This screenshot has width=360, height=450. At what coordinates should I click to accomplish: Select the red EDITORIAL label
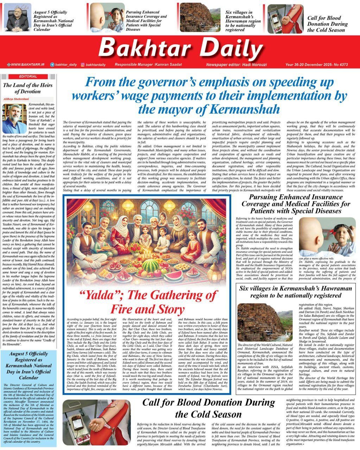pyautogui.click(x=28, y=76)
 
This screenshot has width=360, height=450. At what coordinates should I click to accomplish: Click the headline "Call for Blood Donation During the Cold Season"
pyautogui.click(x=208, y=408)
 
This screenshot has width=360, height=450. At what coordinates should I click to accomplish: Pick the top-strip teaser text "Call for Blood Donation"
pyautogui.click(x=327, y=24)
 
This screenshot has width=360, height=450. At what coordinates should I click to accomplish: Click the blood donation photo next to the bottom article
pyautogui.click(x=97, y=422)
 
